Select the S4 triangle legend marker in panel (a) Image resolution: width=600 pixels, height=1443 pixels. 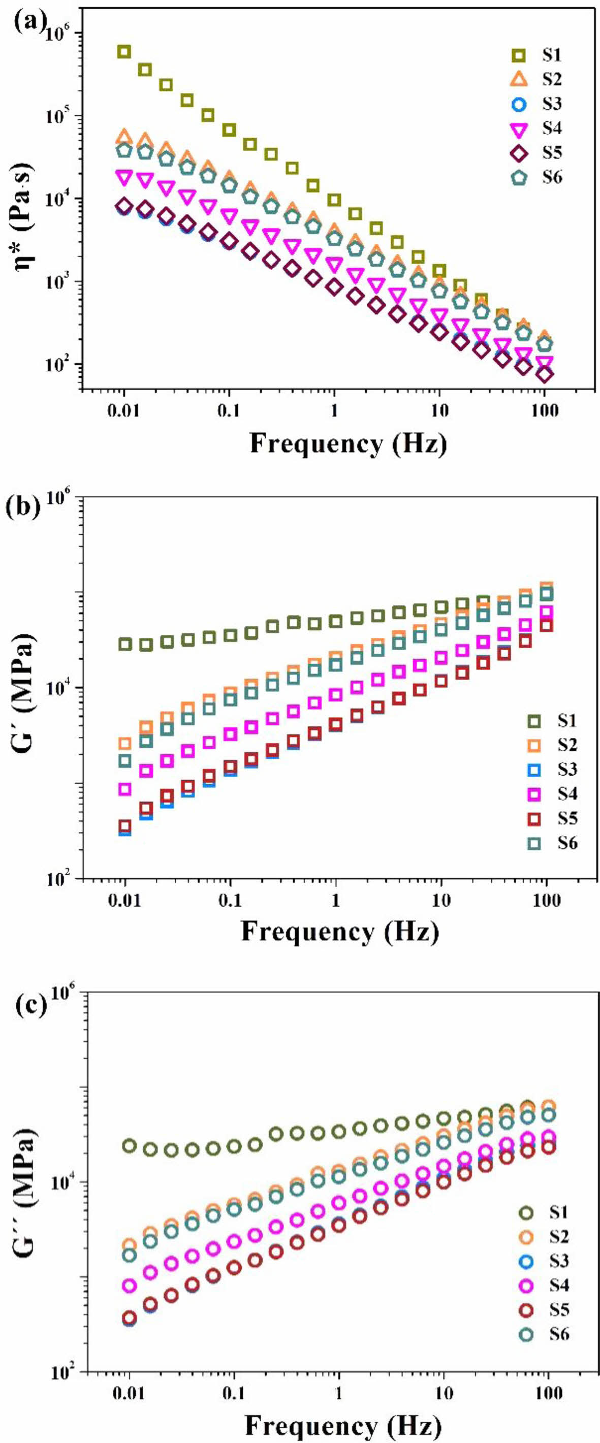coord(519,130)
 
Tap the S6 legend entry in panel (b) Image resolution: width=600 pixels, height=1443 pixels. coord(552,843)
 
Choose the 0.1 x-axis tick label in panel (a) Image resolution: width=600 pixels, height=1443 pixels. coord(229,410)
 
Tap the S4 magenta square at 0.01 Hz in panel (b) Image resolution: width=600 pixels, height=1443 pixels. coord(124,789)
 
